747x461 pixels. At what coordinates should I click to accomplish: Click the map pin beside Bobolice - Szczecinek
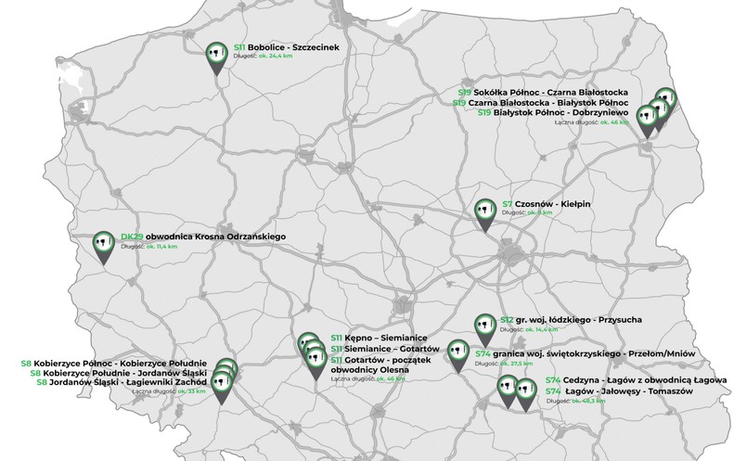(x=215, y=55)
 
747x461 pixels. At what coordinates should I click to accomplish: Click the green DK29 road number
(x=131, y=237)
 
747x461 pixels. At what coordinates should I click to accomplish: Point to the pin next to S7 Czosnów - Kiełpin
(x=484, y=211)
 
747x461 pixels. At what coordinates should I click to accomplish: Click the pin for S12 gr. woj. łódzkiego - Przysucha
(x=483, y=326)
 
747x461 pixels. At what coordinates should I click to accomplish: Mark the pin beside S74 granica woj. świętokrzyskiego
(x=456, y=352)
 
